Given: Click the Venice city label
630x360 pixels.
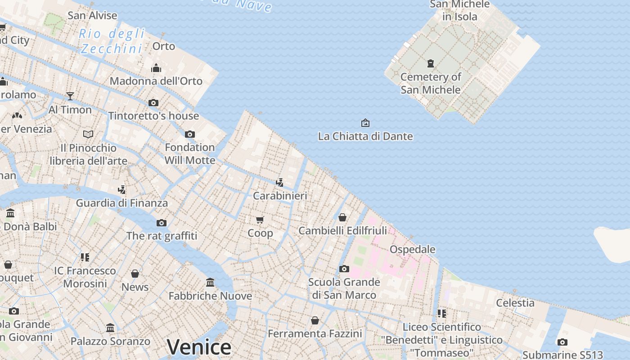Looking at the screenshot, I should click(199, 347).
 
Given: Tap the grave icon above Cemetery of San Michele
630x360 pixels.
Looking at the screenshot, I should click(431, 63).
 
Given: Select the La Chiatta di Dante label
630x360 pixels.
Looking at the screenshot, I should click(365, 136).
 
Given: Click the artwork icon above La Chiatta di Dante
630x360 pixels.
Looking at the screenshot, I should click(365, 122).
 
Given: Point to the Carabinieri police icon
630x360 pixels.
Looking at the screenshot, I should click(280, 182).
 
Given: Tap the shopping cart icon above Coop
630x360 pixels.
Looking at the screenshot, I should click(260, 220).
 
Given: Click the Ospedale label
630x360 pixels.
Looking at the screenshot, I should click(412, 249).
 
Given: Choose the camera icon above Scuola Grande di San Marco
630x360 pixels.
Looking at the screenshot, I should click(344, 269).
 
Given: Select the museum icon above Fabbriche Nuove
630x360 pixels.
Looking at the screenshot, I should click(210, 283).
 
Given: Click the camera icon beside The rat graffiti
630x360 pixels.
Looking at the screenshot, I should click(162, 223).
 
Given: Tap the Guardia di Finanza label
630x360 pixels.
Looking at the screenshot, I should click(122, 203).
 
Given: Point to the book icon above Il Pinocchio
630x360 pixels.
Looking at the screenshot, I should click(88, 134).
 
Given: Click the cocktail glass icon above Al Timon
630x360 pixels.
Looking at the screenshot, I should click(70, 96).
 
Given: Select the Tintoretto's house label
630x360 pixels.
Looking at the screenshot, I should click(153, 116).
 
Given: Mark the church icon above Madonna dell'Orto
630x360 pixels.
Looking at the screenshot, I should click(156, 68).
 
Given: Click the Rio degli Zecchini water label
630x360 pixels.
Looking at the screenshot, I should click(112, 41).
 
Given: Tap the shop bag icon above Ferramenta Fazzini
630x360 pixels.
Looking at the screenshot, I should click(315, 320).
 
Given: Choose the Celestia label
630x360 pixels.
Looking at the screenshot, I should click(515, 303).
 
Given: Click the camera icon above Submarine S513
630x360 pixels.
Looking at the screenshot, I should click(562, 342).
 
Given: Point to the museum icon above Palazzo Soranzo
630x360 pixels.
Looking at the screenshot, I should click(110, 328).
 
